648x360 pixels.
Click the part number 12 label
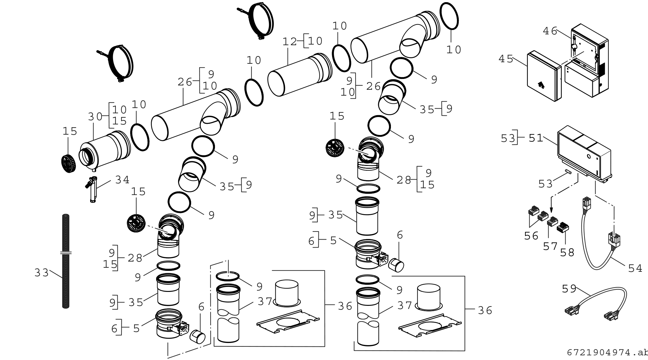pyautogui.click(x=290, y=41)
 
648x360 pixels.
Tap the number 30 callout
pyautogui.click(x=95, y=117)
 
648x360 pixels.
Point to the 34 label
pyautogui.click(x=122, y=180)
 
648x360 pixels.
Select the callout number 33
pyautogui.click(x=42, y=273)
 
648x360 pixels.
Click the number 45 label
pyautogui.click(x=506, y=59)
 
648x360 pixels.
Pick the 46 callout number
pyautogui.click(x=550, y=31)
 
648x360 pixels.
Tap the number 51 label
pyautogui.click(x=536, y=138)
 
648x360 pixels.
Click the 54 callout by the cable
pyautogui.click(x=635, y=268)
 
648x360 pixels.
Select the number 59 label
pyautogui.click(x=569, y=289)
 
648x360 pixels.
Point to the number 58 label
pyautogui.click(x=567, y=253)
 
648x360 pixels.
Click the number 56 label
pyautogui.click(x=532, y=236)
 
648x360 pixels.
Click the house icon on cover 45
pyautogui.click(x=541, y=84)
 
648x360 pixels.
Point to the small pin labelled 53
pyautogui.click(x=568, y=172)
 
